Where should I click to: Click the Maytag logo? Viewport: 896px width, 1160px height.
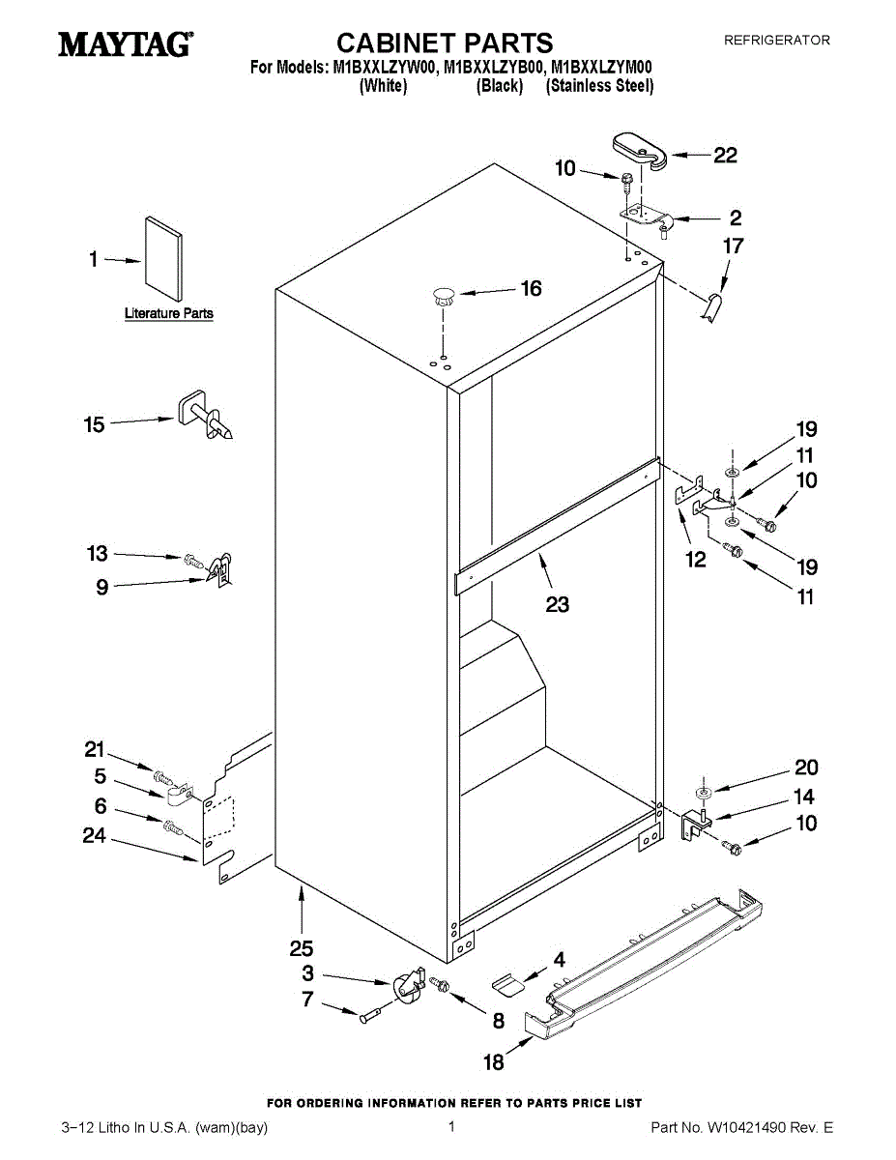point(125,44)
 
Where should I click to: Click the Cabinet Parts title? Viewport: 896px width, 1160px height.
point(445,43)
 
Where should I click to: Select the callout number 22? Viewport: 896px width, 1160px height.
point(725,156)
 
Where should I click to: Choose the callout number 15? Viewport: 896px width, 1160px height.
point(94,424)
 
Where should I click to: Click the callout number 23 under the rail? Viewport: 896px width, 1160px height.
point(557,605)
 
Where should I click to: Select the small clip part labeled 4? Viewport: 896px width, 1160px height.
point(508,984)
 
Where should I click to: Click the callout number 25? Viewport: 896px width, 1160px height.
point(302,948)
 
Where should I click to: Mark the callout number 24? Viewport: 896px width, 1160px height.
point(94,836)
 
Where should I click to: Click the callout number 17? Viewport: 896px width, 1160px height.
point(734,246)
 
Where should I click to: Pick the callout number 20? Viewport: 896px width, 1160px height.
point(806,768)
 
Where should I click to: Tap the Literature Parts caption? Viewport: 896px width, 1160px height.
point(169,314)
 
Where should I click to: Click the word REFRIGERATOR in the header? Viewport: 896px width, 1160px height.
point(777,41)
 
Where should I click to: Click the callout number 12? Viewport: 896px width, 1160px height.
point(696,560)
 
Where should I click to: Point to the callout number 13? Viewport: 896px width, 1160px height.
point(98,554)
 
